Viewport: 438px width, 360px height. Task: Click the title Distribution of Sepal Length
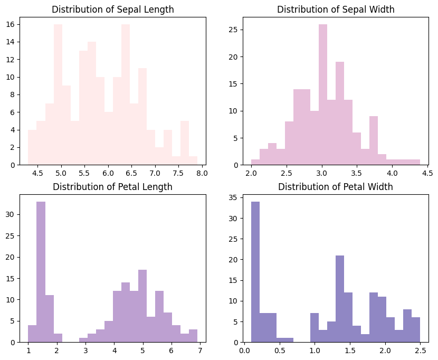point(112,10)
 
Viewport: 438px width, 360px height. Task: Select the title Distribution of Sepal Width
point(336,10)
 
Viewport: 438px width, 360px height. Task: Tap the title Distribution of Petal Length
point(112,187)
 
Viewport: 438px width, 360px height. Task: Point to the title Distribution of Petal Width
point(336,187)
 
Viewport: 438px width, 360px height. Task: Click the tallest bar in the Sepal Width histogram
point(323,95)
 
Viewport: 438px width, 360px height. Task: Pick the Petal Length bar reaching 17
point(142,306)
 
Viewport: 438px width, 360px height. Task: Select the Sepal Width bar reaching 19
point(340,113)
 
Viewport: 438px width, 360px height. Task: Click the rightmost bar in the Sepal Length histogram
point(193,160)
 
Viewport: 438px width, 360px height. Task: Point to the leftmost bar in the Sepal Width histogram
point(255,162)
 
